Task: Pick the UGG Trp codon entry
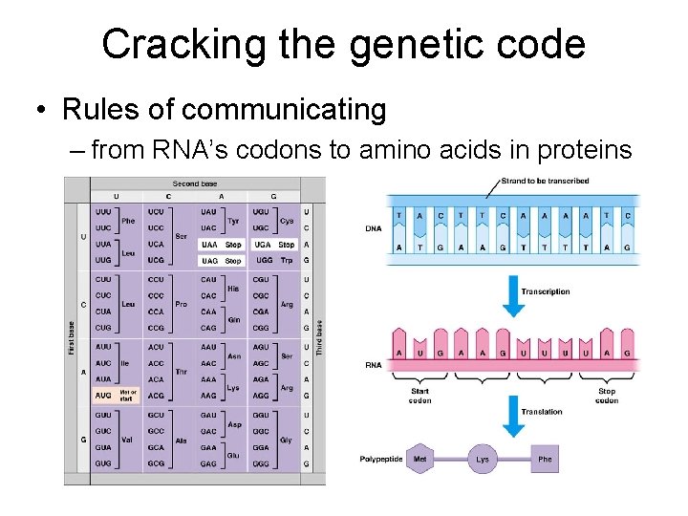point(274,260)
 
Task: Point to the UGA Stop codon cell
point(274,245)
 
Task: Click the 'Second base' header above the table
point(194,183)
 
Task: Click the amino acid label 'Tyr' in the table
point(233,220)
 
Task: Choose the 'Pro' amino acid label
point(181,305)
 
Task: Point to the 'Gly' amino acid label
point(287,441)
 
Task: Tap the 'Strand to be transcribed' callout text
point(545,181)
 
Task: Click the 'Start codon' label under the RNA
point(419,396)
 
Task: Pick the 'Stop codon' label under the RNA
point(606,396)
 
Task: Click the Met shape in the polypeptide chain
point(419,460)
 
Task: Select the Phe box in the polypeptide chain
point(545,460)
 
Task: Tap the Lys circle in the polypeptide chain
point(483,460)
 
